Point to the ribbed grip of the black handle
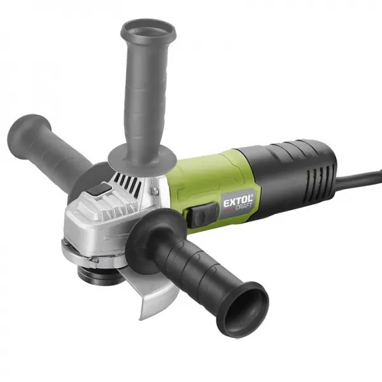(191, 267)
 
